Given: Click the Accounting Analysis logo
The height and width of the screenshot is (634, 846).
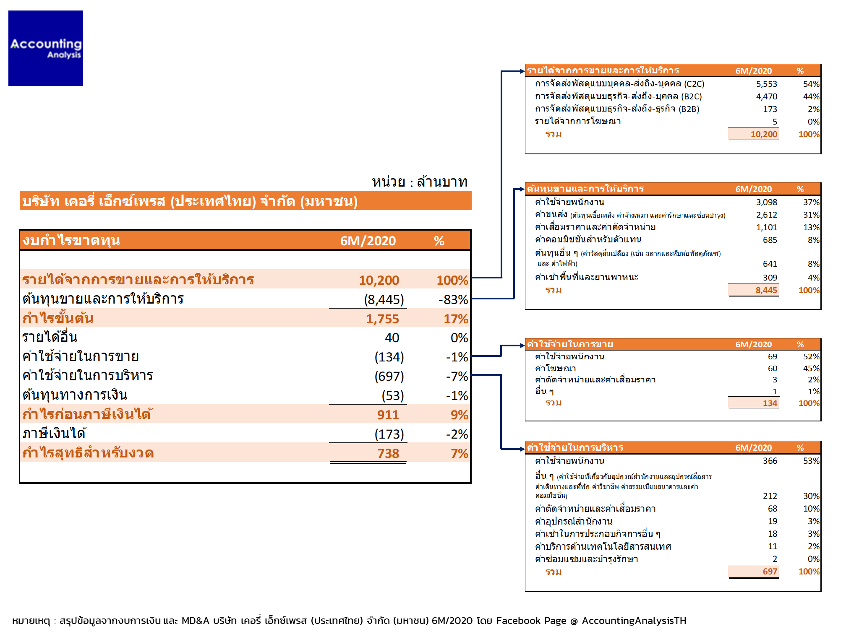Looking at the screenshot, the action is click(x=46, y=48).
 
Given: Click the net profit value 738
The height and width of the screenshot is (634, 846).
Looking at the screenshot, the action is click(x=388, y=453).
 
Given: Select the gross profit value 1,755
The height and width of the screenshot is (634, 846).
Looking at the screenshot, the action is click(x=382, y=319).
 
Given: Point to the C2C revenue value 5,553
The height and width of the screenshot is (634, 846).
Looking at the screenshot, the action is click(x=766, y=84).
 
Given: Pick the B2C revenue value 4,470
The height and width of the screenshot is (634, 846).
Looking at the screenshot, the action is click(x=766, y=96).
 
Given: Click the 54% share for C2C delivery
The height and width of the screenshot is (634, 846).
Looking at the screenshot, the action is click(x=811, y=84).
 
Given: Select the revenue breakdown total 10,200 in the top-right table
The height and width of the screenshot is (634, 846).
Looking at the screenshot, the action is click(x=764, y=134).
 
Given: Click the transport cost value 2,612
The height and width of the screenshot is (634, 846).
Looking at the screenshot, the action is click(x=766, y=215).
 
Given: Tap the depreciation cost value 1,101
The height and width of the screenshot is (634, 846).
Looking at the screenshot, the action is click(x=766, y=227).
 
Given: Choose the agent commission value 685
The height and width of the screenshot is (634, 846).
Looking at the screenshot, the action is click(x=770, y=240).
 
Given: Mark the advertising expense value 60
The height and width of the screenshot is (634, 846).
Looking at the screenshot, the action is click(x=773, y=368).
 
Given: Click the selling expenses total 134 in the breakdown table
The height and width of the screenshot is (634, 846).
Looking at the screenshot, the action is click(x=770, y=403).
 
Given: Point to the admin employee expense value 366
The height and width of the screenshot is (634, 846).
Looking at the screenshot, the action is click(x=770, y=461).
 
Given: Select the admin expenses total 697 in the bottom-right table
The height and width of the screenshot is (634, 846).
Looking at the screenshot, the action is click(x=770, y=572).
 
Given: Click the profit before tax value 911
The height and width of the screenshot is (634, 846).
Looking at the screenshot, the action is click(x=388, y=415).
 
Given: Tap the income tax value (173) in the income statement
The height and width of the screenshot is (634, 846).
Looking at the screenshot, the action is click(x=389, y=434).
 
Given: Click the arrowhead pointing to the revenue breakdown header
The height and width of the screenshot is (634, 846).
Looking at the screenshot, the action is click(x=522, y=71).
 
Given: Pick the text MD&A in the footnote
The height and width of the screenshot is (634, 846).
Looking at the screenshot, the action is click(x=195, y=621).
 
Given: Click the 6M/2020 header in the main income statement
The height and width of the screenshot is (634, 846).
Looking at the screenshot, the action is click(x=368, y=241).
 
